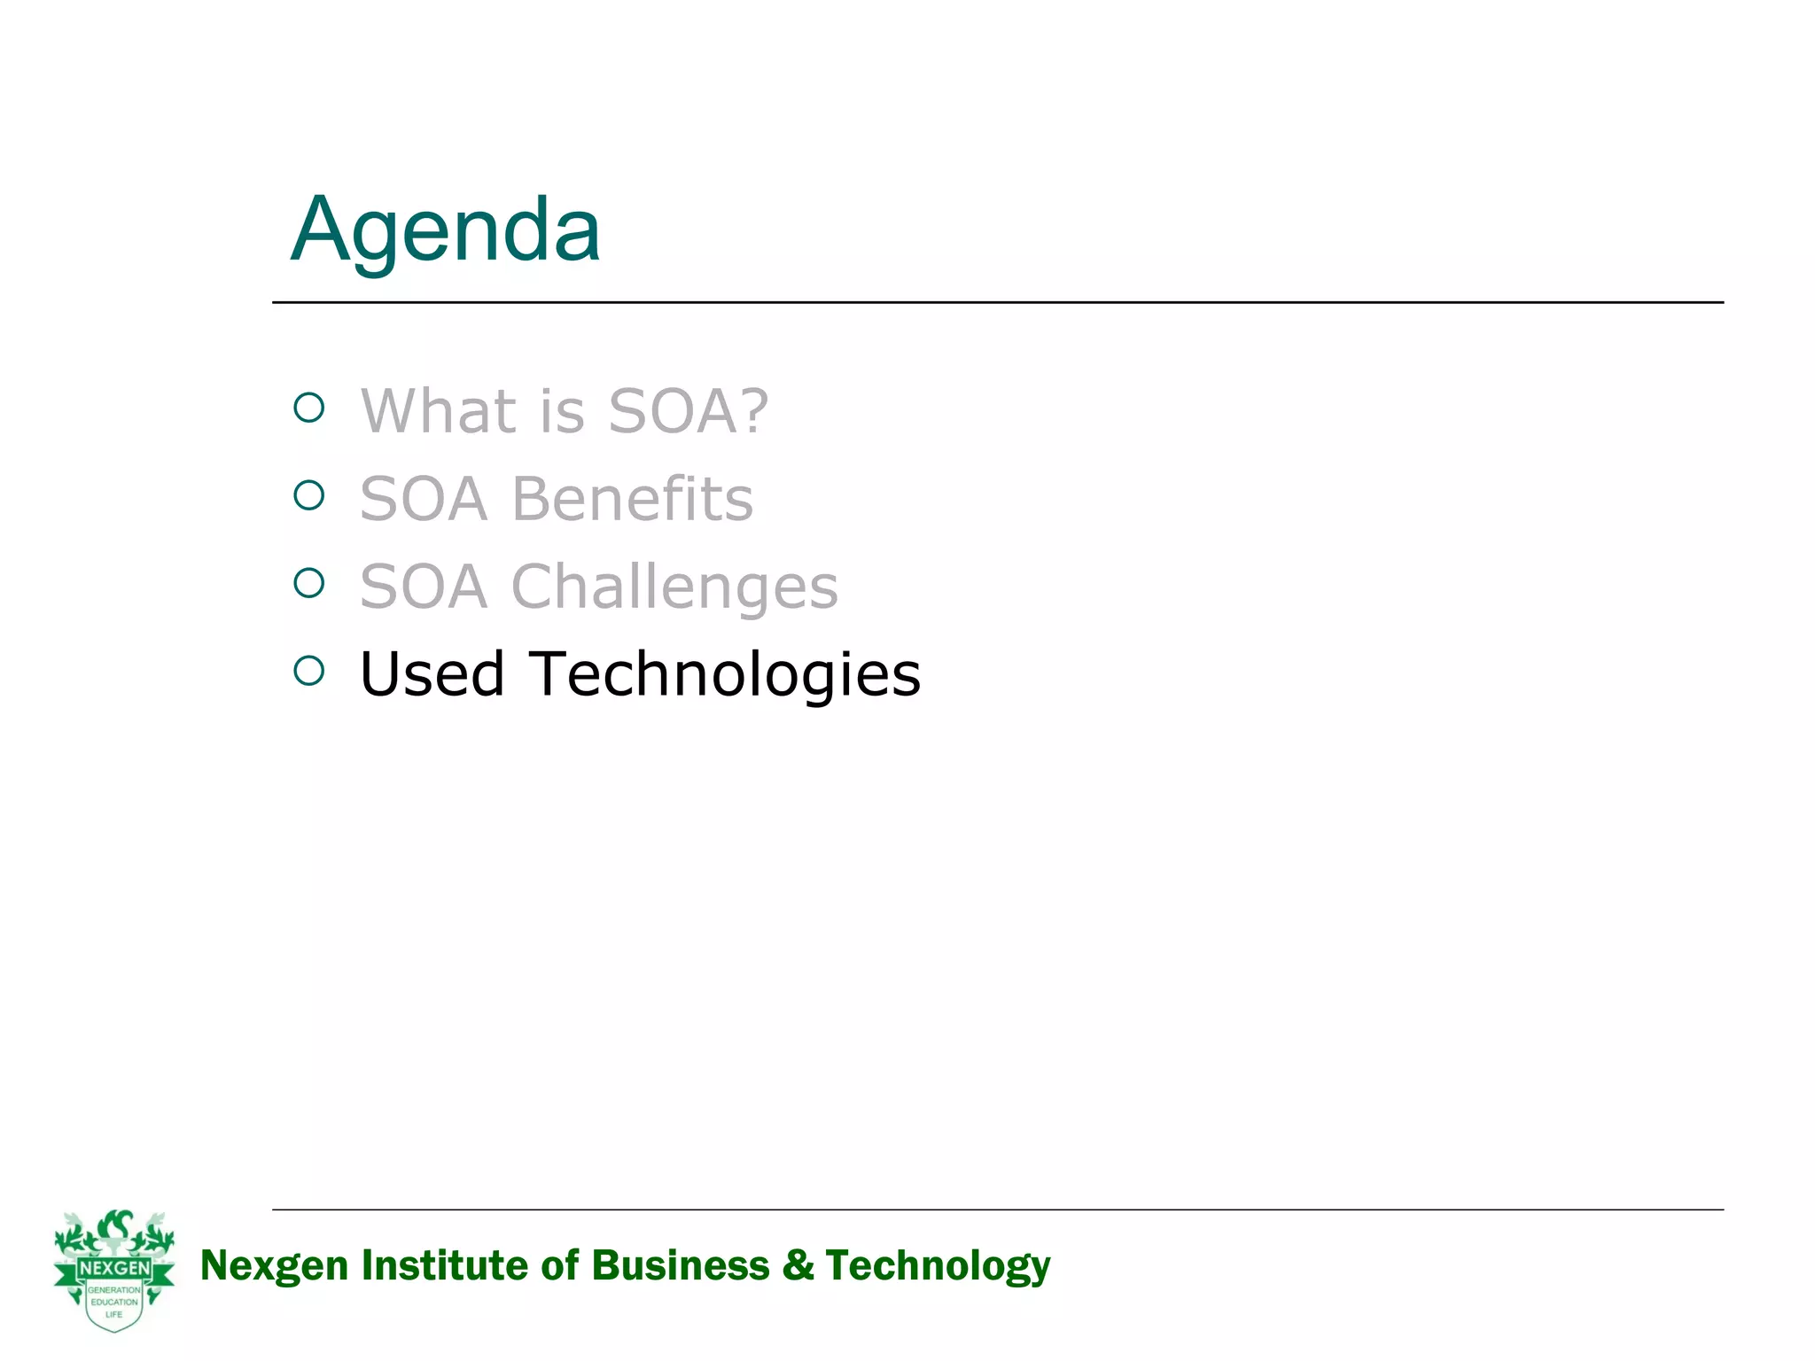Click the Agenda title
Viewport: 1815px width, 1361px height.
(446, 230)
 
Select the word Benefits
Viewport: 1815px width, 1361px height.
(632, 499)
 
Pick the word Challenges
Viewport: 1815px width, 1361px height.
(674, 587)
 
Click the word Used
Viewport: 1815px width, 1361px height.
(432, 674)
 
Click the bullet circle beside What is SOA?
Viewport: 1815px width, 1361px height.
(309, 408)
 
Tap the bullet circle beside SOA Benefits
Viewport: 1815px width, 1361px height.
(309, 495)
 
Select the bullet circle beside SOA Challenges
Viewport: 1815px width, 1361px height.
(309, 583)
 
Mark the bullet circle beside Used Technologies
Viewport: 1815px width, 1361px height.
(309, 671)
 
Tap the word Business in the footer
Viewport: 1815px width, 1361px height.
(681, 1265)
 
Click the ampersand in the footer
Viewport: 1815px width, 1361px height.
(798, 1265)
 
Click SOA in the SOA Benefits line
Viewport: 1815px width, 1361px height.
(424, 499)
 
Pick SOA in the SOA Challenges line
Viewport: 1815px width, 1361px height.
(424, 587)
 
